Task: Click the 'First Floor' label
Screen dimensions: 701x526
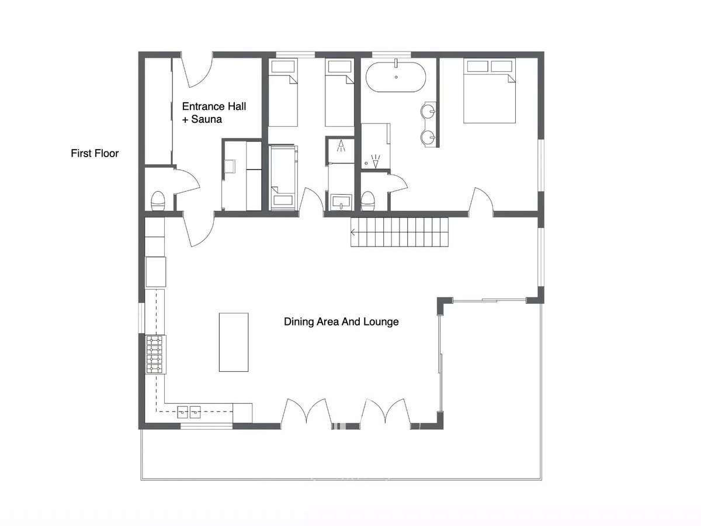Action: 95,153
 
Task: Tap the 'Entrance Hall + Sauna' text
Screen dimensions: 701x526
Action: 214,113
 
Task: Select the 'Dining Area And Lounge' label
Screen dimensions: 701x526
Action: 341,321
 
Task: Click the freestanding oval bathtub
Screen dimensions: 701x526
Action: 395,77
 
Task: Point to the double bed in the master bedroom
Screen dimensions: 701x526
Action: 490,91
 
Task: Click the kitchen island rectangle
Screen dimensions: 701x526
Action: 234,342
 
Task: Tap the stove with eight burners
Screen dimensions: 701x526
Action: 155,354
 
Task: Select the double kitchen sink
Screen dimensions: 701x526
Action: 189,412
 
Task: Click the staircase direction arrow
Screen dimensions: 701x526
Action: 353,232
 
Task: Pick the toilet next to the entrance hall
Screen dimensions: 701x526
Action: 158,201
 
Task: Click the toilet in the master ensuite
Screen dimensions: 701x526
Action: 367,201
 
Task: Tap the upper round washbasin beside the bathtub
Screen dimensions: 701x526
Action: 428,112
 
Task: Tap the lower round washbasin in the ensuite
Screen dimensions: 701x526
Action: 428,138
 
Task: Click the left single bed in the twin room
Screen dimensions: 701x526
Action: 283,92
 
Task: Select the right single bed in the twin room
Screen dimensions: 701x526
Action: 339,92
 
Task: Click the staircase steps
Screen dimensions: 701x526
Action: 400,232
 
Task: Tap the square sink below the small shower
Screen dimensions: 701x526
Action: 341,202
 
